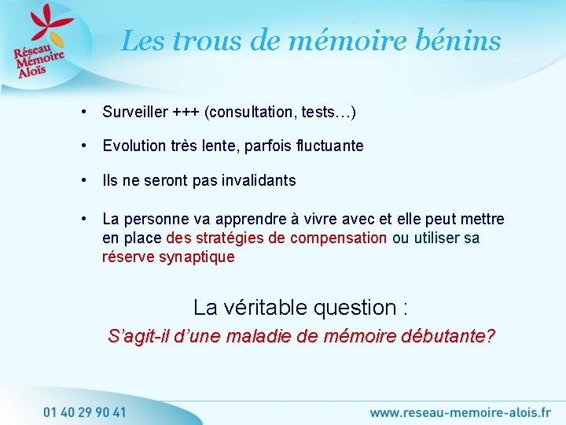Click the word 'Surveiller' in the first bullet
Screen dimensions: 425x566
[134, 113]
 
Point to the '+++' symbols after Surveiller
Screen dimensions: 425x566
[186, 113]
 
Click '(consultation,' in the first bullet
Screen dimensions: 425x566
[249, 113]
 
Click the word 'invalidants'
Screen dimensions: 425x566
[258, 180]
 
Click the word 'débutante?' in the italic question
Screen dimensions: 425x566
[448, 337]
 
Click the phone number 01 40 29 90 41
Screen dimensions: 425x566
[84, 411]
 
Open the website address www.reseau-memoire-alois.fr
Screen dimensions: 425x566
[461, 412]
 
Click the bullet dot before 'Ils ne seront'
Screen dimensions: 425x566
[83, 180]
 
